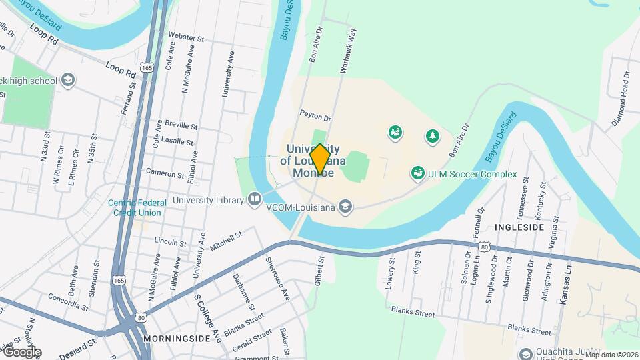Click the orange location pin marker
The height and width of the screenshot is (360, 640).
pyautogui.click(x=320, y=159)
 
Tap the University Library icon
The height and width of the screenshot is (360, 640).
pyautogui.click(x=254, y=199)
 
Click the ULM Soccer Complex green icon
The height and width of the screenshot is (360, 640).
pyautogui.click(x=418, y=174)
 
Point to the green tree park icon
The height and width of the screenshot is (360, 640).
pyautogui.click(x=433, y=137)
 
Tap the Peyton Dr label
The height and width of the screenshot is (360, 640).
pyautogui.click(x=315, y=115)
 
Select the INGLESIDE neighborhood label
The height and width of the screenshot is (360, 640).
pyautogui.click(x=520, y=227)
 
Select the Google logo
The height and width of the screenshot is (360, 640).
pyautogui.click(x=21, y=352)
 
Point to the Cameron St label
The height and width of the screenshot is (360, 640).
pyautogui.click(x=165, y=175)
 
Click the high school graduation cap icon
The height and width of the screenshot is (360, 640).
pyautogui.click(x=68, y=81)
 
